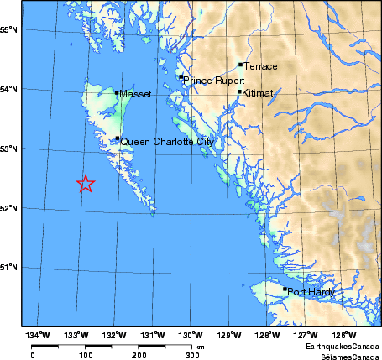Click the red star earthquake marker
coord(86,184)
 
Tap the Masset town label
coord(135,95)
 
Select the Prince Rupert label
coord(214,81)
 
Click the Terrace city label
coord(260,66)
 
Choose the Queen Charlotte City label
coord(167,143)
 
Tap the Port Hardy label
coord(311,292)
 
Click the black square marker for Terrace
coord(240,64)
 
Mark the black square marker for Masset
coord(118,92)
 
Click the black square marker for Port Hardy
coord(285,290)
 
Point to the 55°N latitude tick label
coord(10,30)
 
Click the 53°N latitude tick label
coord(10,149)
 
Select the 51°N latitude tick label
coord(10,268)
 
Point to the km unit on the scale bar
coord(200,346)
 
